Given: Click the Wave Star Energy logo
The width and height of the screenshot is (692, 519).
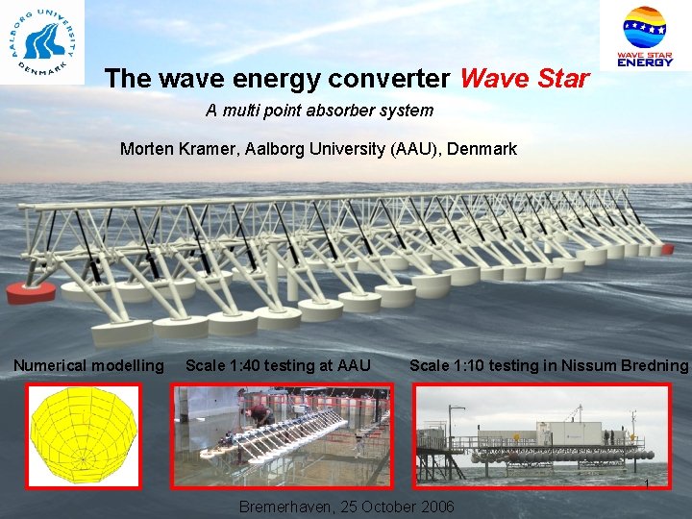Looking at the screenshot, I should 644,37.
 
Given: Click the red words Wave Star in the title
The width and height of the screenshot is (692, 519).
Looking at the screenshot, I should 524,79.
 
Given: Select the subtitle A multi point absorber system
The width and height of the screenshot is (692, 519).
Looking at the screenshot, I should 319,111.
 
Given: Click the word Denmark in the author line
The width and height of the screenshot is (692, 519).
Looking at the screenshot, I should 484,149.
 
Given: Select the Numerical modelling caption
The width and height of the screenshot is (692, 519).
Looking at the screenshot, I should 88,365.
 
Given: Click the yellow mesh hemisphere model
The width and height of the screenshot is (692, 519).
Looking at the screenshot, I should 85,433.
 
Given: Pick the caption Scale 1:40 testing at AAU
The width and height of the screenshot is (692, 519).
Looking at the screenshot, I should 278,365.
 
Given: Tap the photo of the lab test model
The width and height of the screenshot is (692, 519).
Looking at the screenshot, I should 282,435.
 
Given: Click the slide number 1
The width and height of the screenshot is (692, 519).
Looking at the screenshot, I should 647,482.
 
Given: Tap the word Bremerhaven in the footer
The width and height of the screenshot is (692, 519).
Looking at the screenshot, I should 284,506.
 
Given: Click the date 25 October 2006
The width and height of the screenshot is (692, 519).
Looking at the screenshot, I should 395,506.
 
